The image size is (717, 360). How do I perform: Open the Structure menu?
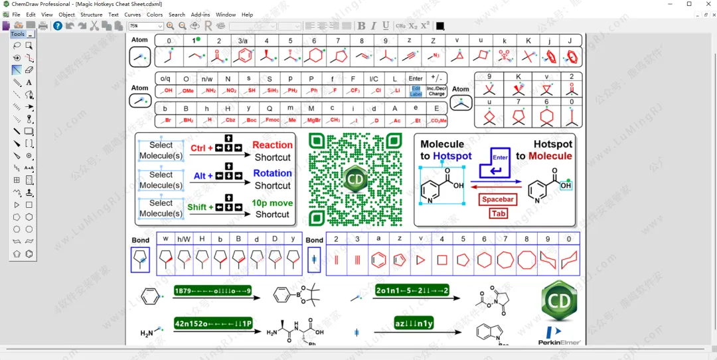tap(92, 15)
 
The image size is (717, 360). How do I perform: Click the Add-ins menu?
tap(200, 15)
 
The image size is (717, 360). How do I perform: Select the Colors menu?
tap(155, 15)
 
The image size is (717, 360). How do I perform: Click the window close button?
tap(706, 4)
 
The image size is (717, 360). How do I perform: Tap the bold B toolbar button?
tap(362, 26)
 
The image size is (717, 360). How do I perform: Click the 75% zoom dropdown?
tap(146, 26)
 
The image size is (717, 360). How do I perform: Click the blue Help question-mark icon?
tap(58, 26)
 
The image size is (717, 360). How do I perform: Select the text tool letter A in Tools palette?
tap(29, 82)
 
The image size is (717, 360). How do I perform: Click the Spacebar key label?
tap(498, 199)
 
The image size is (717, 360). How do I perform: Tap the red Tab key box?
tap(499, 213)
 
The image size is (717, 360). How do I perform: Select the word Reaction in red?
tap(272, 145)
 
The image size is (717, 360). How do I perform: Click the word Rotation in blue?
tap(272, 173)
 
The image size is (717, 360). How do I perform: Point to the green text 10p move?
tap(272, 203)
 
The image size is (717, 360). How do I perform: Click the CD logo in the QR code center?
tap(355, 180)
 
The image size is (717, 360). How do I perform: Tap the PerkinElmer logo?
tap(559, 335)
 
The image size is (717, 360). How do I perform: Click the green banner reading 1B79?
tap(213, 291)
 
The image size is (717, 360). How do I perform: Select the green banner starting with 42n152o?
tap(213, 323)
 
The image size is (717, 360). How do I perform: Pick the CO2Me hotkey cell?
tap(438, 120)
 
